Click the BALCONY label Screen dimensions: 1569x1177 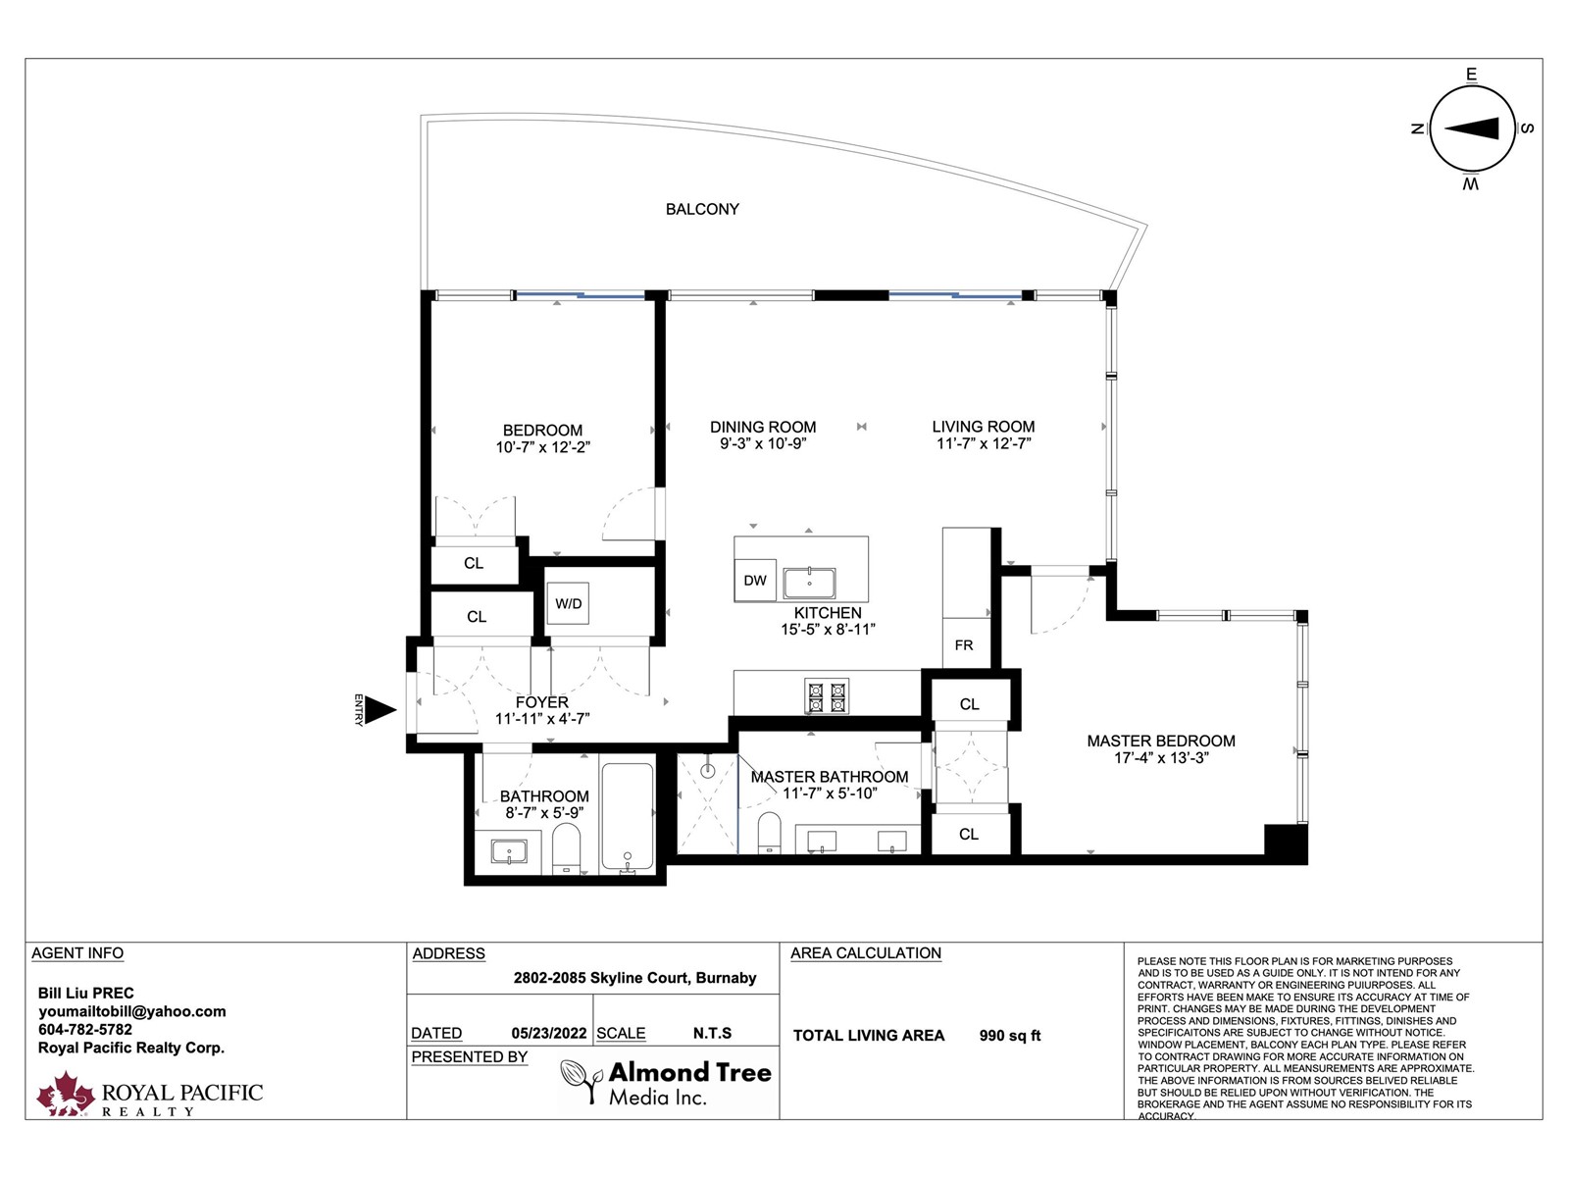[702, 209]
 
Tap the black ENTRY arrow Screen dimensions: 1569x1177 [380, 709]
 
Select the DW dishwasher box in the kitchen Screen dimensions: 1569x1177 [755, 581]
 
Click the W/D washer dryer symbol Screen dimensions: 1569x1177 [568, 603]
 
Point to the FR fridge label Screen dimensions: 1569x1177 [964, 645]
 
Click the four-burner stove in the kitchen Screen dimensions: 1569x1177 [827, 696]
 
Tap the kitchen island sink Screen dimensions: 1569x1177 [809, 583]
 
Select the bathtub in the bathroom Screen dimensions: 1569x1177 [627, 817]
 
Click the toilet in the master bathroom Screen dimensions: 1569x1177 [769, 832]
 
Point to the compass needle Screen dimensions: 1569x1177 [1471, 128]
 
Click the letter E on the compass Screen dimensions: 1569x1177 [1471, 75]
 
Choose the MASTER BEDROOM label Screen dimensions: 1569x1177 [1161, 742]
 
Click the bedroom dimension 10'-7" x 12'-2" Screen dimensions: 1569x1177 [542, 447]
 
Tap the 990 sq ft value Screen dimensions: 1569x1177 [1009, 1036]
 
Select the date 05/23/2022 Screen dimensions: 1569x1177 [548, 1034]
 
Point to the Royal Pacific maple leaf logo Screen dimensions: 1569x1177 [65, 1094]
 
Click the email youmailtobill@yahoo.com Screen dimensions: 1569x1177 [132, 1012]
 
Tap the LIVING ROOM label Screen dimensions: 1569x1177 [983, 427]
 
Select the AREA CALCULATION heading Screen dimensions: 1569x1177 [865, 953]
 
